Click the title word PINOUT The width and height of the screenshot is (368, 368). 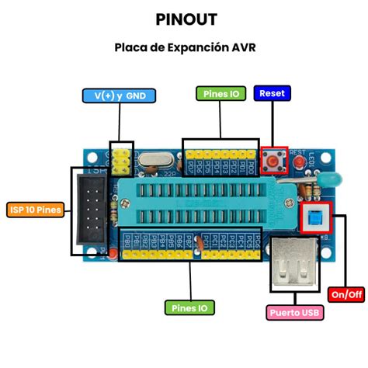click(185, 19)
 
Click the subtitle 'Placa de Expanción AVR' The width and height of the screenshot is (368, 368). click(184, 47)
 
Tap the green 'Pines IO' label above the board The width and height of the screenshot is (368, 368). click(220, 94)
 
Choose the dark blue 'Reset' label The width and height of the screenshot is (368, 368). click(273, 93)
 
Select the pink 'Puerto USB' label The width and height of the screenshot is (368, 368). click(295, 313)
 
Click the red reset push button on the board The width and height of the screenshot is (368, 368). click(274, 161)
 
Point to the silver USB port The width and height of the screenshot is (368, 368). click(295, 264)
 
